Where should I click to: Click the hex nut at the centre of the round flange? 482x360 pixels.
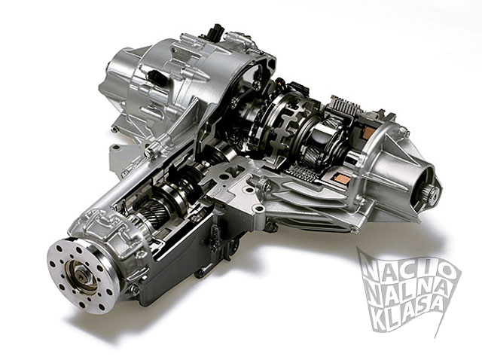click(x=81, y=276)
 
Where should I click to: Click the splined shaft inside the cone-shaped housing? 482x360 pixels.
click(x=429, y=194)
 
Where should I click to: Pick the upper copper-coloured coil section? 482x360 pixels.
click(x=368, y=133)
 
